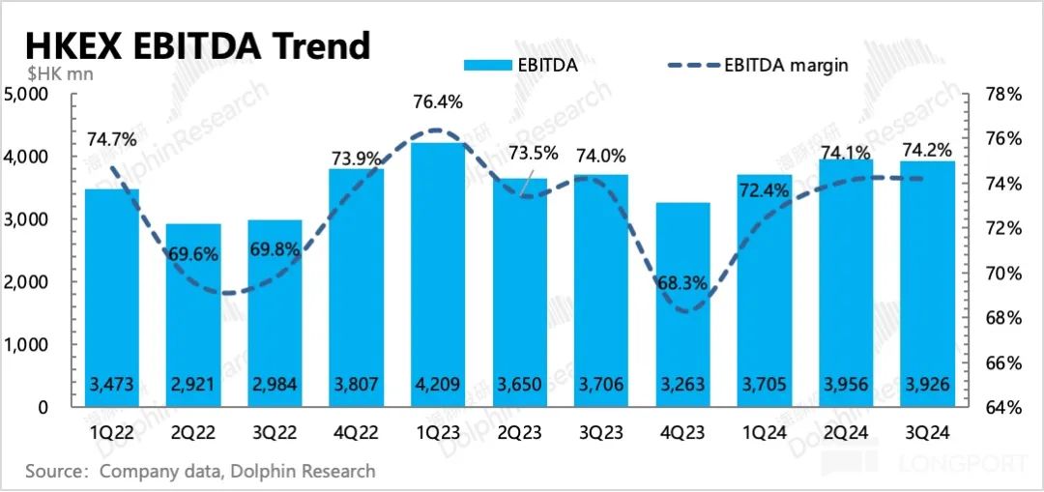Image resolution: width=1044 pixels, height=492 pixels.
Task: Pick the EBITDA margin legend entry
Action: [758, 65]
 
